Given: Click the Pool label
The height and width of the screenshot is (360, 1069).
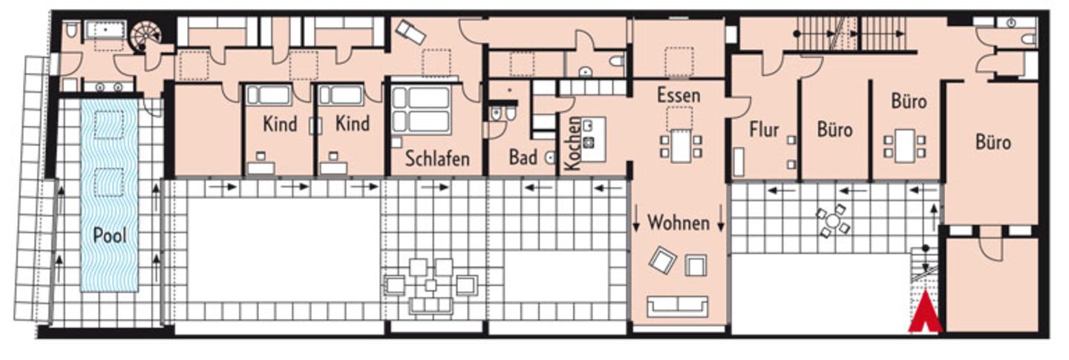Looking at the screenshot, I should tap(109, 236).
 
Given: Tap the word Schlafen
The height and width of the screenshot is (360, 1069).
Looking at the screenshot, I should tap(437, 158).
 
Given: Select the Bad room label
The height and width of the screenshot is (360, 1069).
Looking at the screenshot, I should tap(523, 157).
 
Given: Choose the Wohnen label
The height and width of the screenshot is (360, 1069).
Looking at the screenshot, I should tap(678, 222).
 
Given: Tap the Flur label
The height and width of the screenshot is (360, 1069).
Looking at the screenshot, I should tap(763, 130).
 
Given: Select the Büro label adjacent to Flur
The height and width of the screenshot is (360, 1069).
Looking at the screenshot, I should tap(834, 131).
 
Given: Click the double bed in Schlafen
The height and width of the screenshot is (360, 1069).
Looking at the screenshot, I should tap(421, 109).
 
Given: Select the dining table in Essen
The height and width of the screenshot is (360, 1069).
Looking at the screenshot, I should tap(680, 144).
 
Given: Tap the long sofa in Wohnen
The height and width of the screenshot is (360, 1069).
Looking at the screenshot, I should tap(676, 305).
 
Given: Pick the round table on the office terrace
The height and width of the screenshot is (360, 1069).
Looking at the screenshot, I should tap(833, 221).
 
